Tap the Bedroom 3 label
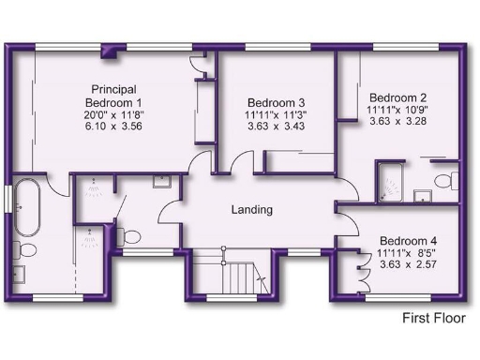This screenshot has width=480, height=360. click(x=277, y=103)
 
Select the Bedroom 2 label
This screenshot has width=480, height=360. click(x=397, y=97)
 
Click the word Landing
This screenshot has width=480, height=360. click(x=251, y=210)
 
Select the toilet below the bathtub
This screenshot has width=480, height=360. click(x=25, y=250)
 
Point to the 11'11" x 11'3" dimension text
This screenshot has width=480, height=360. click(x=277, y=115)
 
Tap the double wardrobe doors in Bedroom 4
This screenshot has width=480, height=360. click(x=358, y=272)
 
